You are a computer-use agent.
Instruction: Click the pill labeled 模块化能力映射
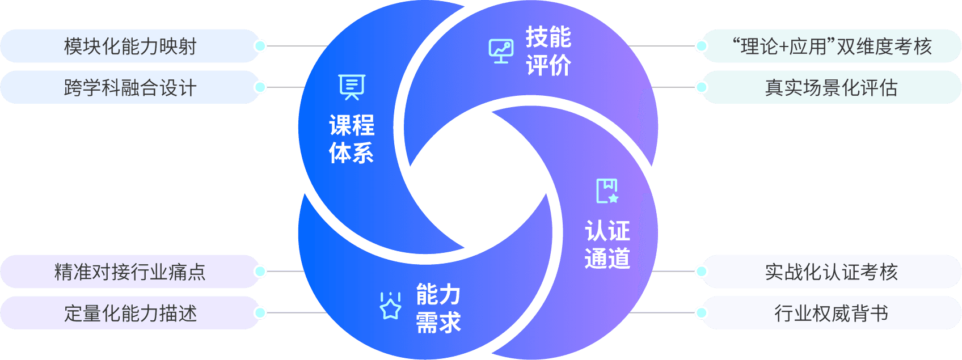point(130,46)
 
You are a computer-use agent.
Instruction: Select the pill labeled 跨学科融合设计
point(130,87)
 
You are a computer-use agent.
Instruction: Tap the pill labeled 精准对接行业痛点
point(130,272)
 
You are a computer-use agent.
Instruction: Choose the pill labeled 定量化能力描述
point(130,313)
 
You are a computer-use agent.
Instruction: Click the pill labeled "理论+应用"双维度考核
point(832,46)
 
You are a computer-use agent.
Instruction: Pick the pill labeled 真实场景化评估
point(832,87)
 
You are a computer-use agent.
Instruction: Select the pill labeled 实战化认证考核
point(832,272)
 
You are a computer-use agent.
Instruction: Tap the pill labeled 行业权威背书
point(832,313)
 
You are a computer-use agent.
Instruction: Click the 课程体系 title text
point(352,139)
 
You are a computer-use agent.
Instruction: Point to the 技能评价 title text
point(548,51)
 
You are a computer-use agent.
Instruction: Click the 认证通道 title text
point(607,244)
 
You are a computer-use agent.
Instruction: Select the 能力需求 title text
point(438,308)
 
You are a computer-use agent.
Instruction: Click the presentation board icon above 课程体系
point(352,87)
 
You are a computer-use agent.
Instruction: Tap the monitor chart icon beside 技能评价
point(501,51)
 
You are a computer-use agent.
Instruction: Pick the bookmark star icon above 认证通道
point(607,191)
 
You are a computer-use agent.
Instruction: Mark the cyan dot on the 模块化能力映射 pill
point(260,46)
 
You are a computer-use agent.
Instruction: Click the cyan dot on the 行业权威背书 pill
point(701,313)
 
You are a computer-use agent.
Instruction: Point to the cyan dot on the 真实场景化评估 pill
point(701,87)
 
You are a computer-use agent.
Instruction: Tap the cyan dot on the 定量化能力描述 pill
point(260,313)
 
